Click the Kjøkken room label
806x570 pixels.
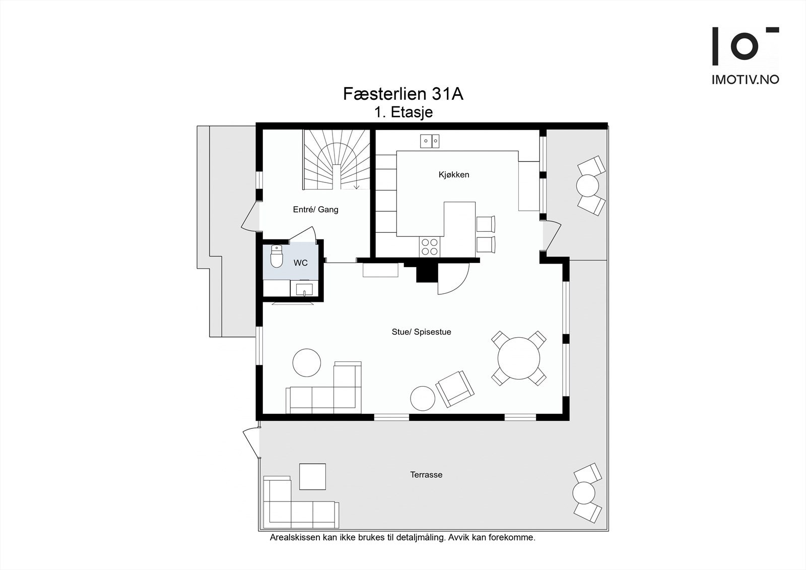pos(453,175)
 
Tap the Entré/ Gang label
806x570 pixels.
pos(315,210)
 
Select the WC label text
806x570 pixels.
pos(301,263)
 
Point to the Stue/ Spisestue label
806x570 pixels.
pos(421,332)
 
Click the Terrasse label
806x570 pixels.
pos(426,475)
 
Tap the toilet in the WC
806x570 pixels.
pos(277,257)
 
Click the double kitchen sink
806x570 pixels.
pos(430,141)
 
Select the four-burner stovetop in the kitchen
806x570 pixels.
pos(429,246)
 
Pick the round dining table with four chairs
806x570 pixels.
pos(519,359)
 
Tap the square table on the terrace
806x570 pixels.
pos(312,476)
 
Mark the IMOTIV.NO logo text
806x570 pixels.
pos(745,80)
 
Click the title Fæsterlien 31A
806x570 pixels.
pos(403,94)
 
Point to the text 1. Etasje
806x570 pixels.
pos(403,112)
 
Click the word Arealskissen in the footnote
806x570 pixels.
pos(295,538)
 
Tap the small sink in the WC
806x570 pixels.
pos(304,290)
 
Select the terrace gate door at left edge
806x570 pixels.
pos(250,443)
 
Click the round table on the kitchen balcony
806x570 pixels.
pos(587,185)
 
